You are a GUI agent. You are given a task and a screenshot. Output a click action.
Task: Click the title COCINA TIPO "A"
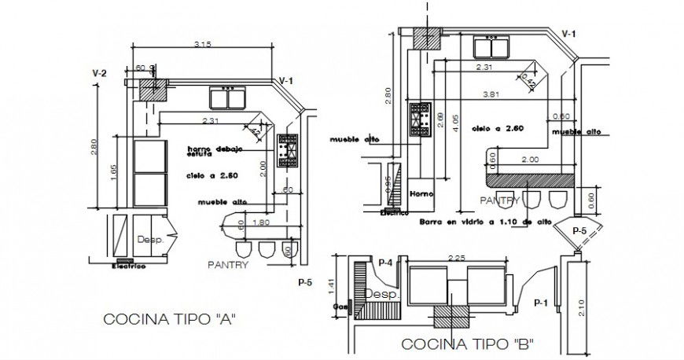click(170, 319)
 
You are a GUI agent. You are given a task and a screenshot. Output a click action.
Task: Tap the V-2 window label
click(99, 73)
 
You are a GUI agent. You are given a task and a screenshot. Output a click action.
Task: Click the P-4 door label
click(385, 262)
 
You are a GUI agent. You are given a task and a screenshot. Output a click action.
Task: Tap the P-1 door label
click(540, 302)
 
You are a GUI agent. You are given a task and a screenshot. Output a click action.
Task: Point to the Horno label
click(421, 193)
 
